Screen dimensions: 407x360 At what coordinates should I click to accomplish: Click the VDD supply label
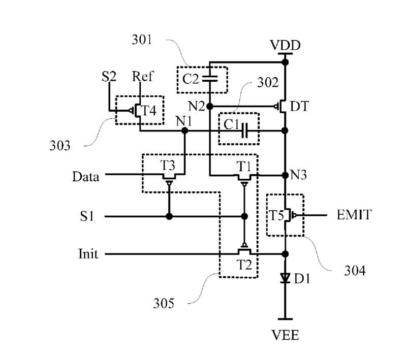pyautogui.click(x=285, y=45)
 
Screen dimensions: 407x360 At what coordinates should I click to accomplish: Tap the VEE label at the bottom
pyautogui.click(x=285, y=335)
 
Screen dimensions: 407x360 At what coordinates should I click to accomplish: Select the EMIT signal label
pyautogui.click(x=354, y=215)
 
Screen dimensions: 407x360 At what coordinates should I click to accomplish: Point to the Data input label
pyautogui.click(x=86, y=177)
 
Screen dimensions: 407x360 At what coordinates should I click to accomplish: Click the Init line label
pyautogui.click(x=88, y=253)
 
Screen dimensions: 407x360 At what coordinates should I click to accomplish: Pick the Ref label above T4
pyautogui.click(x=142, y=76)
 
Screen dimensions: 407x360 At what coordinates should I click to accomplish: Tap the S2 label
pyautogui.click(x=109, y=77)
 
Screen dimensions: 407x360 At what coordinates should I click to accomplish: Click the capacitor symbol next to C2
pyautogui.click(x=210, y=79)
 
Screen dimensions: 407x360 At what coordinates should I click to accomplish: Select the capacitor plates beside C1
pyautogui.click(x=244, y=130)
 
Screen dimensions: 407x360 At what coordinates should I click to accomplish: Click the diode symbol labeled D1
pyautogui.click(x=285, y=278)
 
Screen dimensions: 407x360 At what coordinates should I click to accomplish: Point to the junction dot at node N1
pyautogui.click(x=184, y=130)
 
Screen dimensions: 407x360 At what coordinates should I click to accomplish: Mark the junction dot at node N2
pyautogui.click(x=210, y=106)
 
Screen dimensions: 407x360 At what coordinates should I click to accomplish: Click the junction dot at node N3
pyautogui.click(x=285, y=175)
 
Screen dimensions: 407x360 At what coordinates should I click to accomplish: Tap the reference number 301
pyautogui.click(x=142, y=40)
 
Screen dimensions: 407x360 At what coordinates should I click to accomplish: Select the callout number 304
pyautogui.click(x=355, y=271)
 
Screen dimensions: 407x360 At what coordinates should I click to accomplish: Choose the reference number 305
pyautogui.click(x=164, y=303)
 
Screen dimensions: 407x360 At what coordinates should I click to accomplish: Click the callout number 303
pyautogui.click(x=60, y=145)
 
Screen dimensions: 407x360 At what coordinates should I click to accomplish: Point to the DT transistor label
pyautogui.click(x=299, y=106)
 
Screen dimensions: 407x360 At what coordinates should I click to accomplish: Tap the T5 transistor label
pyautogui.click(x=276, y=215)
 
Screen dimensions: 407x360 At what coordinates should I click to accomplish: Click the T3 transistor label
pyautogui.click(x=167, y=165)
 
